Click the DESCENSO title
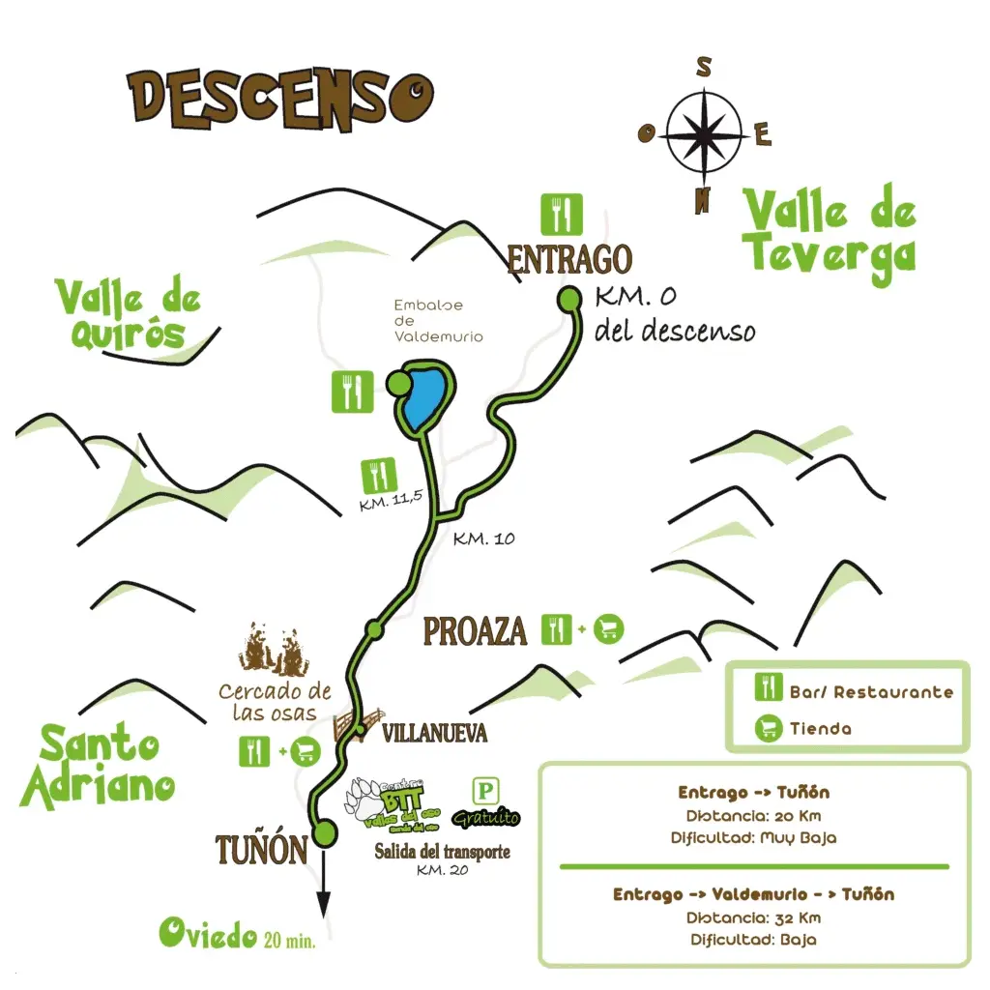(x=280, y=99)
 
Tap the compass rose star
(x=704, y=131)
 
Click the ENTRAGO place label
(x=569, y=259)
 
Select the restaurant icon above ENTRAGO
(x=562, y=215)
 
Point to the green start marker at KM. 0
(x=570, y=301)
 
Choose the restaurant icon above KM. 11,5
(x=377, y=476)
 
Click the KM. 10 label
(x=483, y=539)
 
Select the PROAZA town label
(x=476, y=631)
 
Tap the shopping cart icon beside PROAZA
(x=608, y=629)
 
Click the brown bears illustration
(x=272, y=649)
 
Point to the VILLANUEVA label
(x=434, y=733)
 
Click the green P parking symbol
(x=485, y=793)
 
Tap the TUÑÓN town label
(x=261, y=850)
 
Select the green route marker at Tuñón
(x=324, y=830)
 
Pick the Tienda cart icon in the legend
(x=769, y=728)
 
